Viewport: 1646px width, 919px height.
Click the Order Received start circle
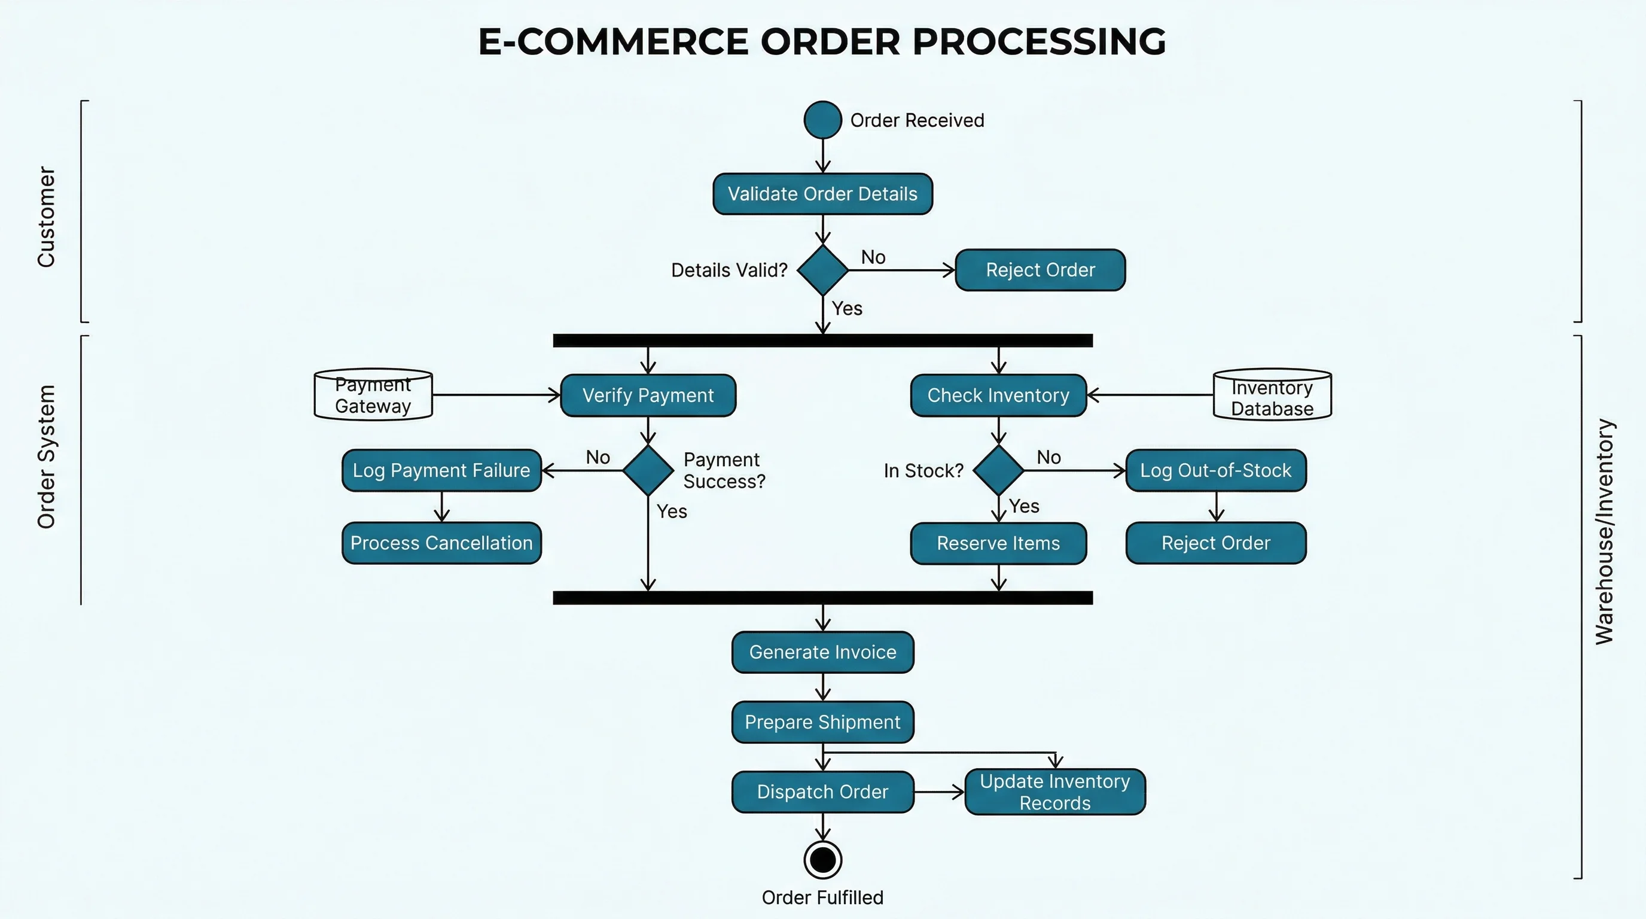[x=822, y=120]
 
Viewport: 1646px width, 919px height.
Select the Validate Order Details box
[x=822, y=194]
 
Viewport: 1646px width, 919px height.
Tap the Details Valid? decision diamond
[x=822, y=270]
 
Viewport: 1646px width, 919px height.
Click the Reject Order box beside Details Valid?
[x=1040, y=270]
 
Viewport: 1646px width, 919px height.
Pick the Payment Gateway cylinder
[x=373, y=394]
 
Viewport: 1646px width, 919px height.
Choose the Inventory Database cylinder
[x=1272, y=395]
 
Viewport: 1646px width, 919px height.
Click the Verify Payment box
[x=648, y=395]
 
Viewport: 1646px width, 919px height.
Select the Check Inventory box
[x=998, y=395]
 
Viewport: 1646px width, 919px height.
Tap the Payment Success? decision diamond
[x=648, y=470]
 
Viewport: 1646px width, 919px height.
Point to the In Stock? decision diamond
[x=998, y=470]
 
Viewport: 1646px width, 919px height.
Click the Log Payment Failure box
[x=441, y=470]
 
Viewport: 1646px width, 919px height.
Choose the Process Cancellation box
[x=441, y=543]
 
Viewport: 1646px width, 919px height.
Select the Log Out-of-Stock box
[x=1215, y=470]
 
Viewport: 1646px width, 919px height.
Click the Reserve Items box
[x=998, y=543]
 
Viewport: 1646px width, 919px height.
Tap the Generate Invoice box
[x=822, y=652]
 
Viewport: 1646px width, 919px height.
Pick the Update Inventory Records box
[x=1054, y=792]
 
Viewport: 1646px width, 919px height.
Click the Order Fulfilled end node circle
[x=822, y=860]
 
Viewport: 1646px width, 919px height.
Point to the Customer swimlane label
[x=46, y=217]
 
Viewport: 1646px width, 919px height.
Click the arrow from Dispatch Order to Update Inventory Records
[x=938, y=792]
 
